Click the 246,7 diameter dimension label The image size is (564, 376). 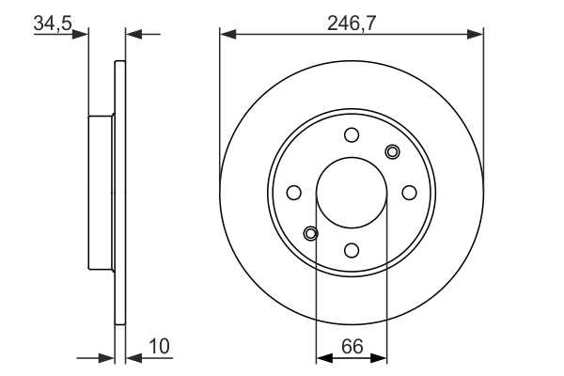[x=352, y=23]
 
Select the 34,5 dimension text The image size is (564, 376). [x=53, y=23]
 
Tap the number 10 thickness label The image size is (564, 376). [x=159, y=347]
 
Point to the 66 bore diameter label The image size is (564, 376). [x=352, y=347]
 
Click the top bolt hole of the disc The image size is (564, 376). [x=352, y=135]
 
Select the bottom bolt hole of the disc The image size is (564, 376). [x=352, y=250]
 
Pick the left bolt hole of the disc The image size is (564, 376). [x=294, y=193]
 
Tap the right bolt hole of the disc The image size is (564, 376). [x=409, y=193]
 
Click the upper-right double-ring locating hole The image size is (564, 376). [x=392, y=151]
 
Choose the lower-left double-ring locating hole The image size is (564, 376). [x=311, y=233]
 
